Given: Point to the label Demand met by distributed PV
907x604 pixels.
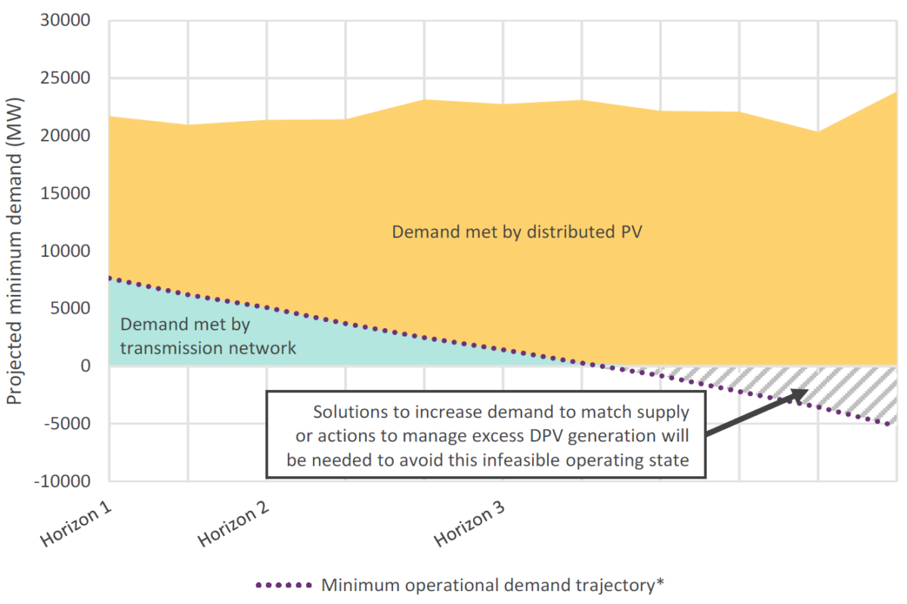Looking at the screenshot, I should point(517,232).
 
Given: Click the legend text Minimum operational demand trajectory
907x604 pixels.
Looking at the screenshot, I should point(492,585).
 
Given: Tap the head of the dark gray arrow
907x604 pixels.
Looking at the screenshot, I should point(804,392).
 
